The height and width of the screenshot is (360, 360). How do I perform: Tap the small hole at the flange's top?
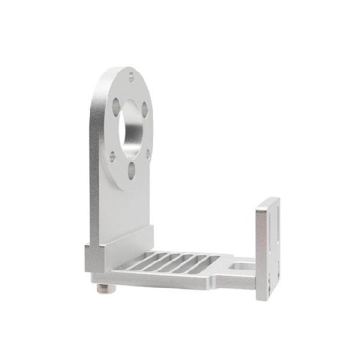(132, 76)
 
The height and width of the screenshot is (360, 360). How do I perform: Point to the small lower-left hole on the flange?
(113, 156)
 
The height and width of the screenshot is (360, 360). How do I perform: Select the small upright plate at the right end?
(267, 248)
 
